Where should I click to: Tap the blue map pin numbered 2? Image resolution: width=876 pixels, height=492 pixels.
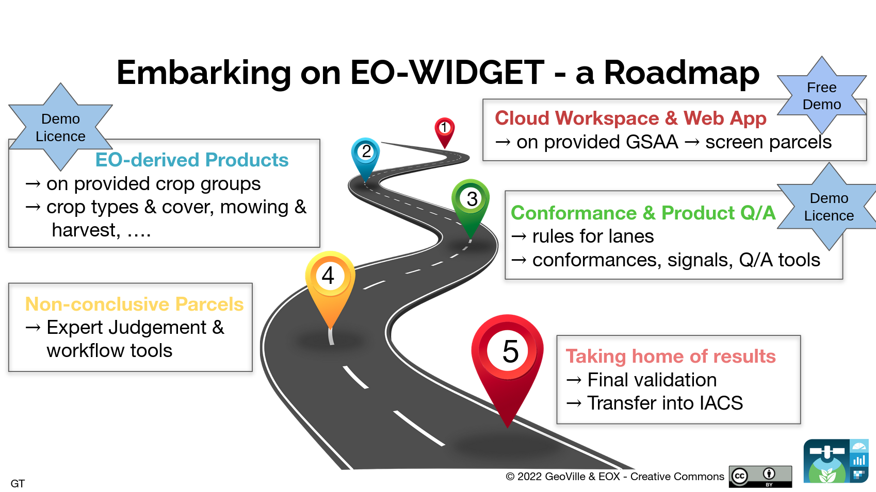pyautogui.click(x=365, y=156)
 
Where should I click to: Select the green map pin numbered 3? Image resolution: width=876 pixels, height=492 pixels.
pyautogui.click(x=471, y=205)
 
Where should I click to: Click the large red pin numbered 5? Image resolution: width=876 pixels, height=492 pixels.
pyautogui.click(x=507, y=363)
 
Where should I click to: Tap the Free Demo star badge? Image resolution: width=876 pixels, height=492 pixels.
pyautogui.click(x=822, y=96)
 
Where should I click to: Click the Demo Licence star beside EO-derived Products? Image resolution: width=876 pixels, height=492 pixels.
pyautogui.click(x=60, y=127)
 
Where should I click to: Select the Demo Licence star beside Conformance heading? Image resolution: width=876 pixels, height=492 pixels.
pyautogui.click(x=829, y=207)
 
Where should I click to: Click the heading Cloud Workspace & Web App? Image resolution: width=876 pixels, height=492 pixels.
pyautogui.click(x=630, y=118)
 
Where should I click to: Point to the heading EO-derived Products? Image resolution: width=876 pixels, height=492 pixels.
pyautogui.click(x=191, y=160)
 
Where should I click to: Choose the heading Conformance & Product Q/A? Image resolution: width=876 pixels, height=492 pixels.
pyautogui.click(x=643, y=213)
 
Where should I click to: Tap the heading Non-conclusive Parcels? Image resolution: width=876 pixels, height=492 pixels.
pyautogui.click(x=134, y=304)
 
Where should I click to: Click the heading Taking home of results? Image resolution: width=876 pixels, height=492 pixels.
pyautogui.click(x=671, y=356)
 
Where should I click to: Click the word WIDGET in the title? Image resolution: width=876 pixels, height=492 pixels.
pyautogui.click(x=476, y=73)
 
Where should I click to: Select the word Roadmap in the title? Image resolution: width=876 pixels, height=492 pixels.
pyautogui.click(x=682, y=73)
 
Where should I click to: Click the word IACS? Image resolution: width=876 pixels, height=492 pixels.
pyautogui.click(x=721, y=403)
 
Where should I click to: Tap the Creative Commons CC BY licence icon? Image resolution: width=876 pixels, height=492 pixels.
pyautogui.click(x=760, y=477)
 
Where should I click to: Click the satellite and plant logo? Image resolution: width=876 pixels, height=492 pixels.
pyautogui.click(x=836, y=461)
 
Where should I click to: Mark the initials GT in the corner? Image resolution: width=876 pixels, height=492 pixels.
pyautogui.click(x=18, y=483)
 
